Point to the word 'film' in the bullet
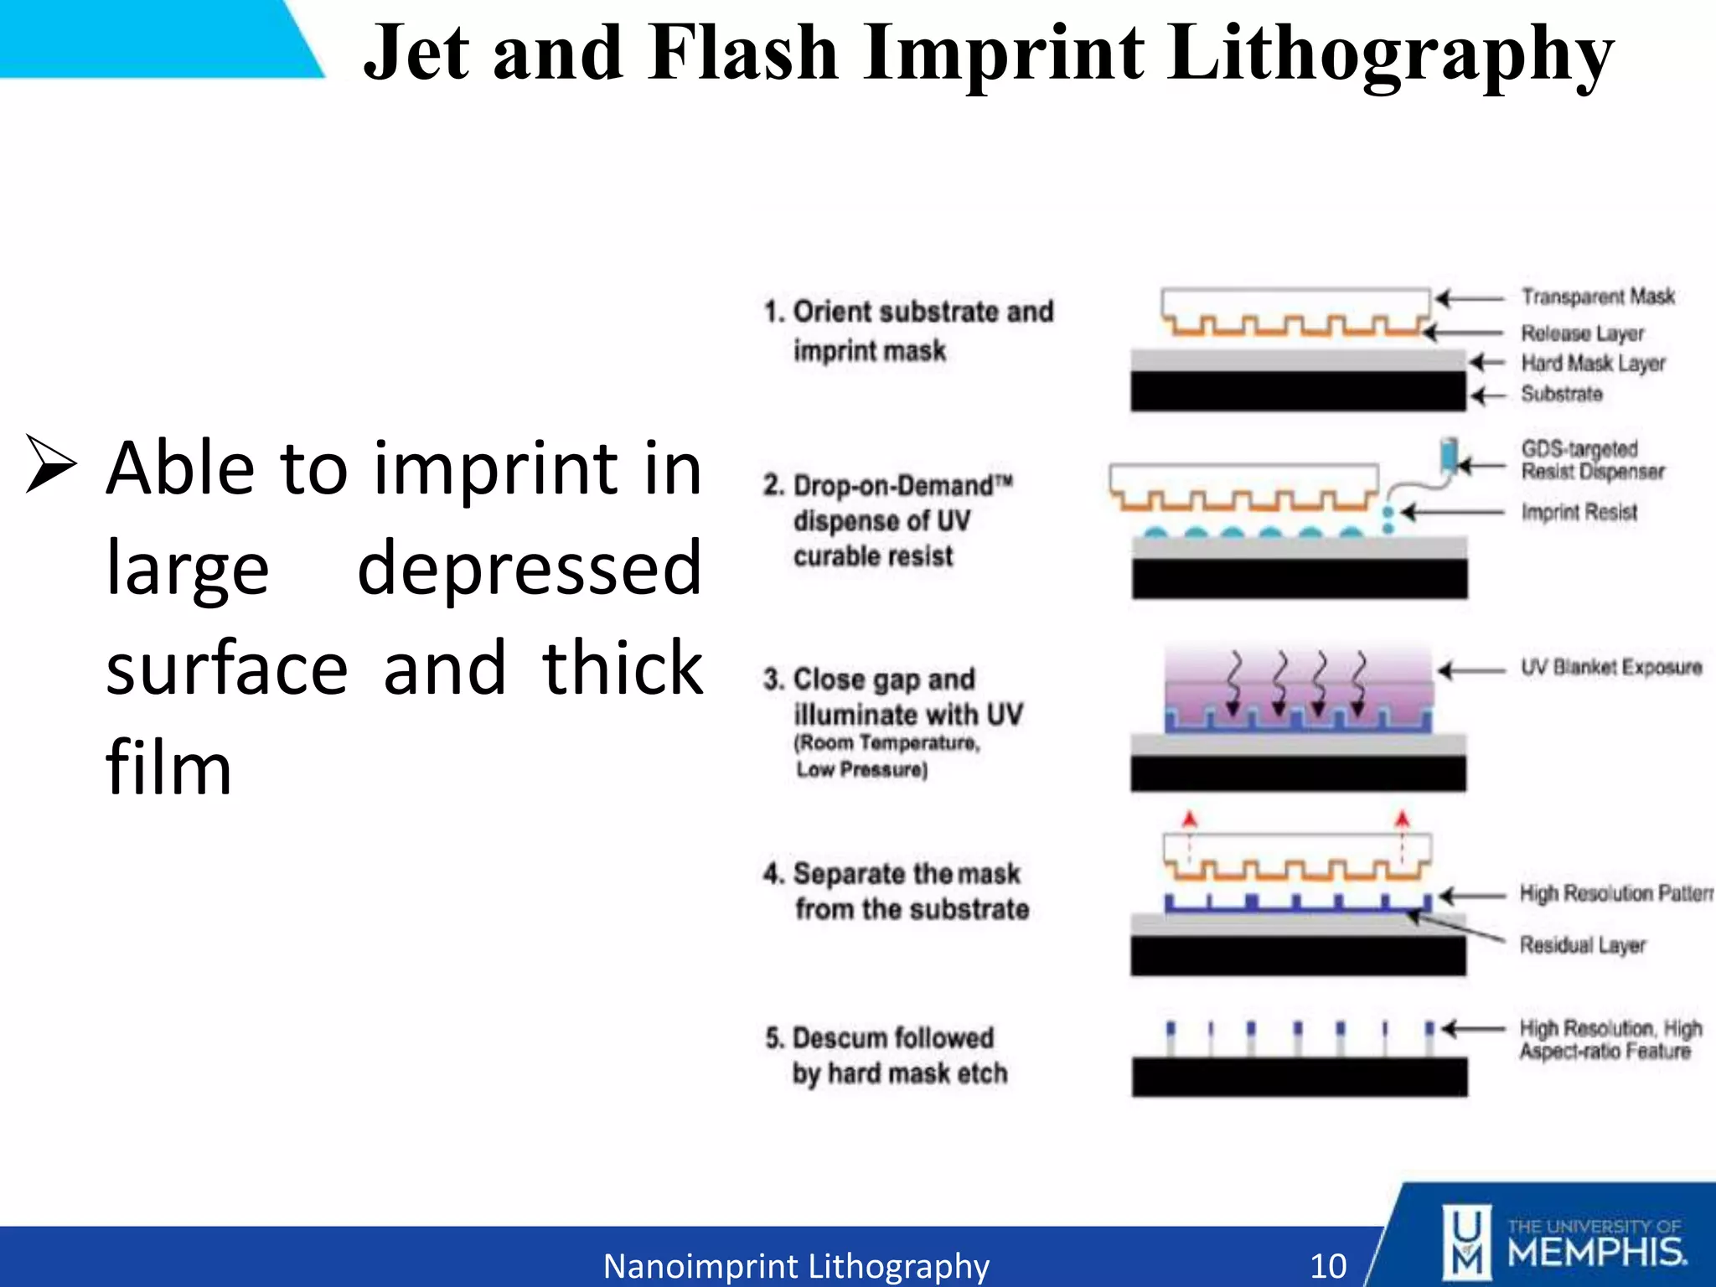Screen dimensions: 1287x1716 [x=168, y=768]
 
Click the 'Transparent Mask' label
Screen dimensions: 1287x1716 [x=1598, y=297]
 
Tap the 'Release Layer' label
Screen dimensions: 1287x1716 [x=1582, y=333]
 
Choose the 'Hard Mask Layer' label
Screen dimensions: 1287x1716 [x=1593, y=364]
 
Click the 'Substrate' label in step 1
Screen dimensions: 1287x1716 [x=1562, y=394]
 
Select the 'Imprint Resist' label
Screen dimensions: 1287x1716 [x=1579, y=512]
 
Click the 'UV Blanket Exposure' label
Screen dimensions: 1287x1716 [x=1611, y=668]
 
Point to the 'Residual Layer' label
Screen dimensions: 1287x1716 [x=1583, y=945]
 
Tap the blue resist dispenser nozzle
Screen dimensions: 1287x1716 [x=1448, y=456]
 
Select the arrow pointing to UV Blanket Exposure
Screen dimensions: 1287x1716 [x=1471, y=670]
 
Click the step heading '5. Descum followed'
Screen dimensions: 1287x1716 [x=880, y=1038]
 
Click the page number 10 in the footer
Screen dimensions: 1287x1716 [x=1328, y=1265]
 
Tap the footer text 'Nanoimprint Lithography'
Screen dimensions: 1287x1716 [x=796, y=1265]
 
